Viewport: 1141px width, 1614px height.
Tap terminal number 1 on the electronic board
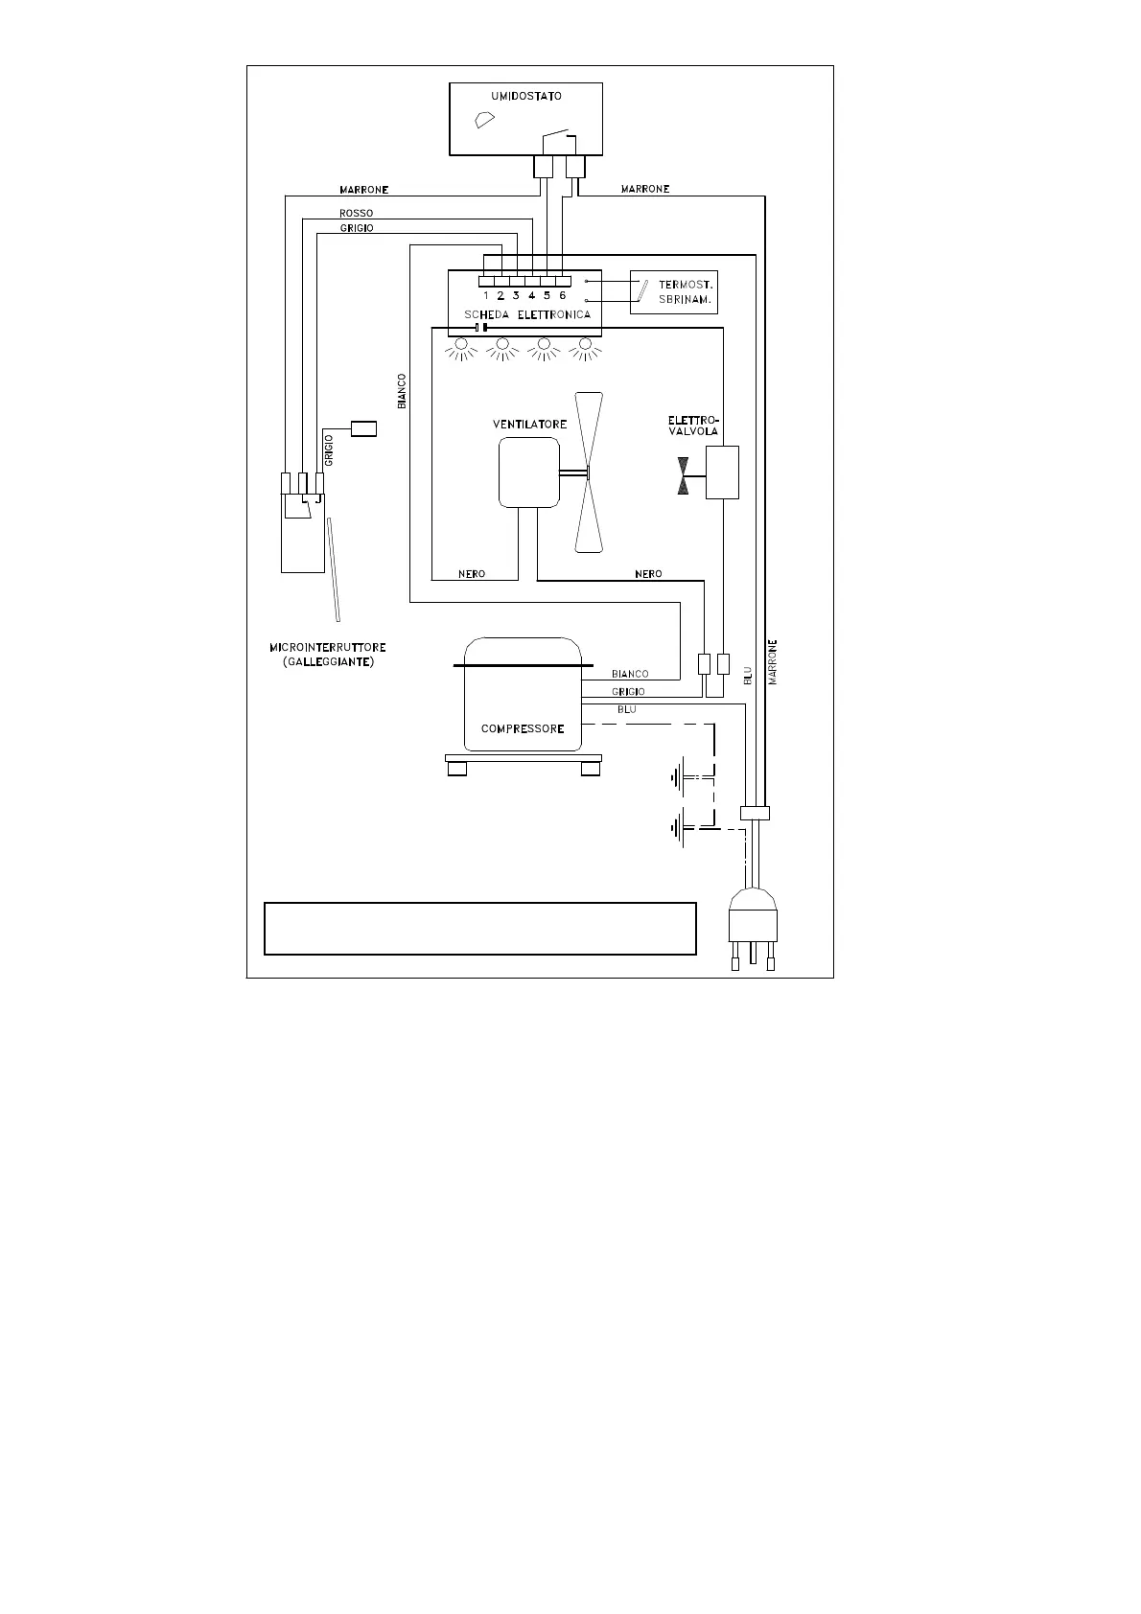click(x=486, y=295)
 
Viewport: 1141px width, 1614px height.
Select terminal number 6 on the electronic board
click(x=563, y=295)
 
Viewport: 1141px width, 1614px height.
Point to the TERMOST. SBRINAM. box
click(x=673, y=292)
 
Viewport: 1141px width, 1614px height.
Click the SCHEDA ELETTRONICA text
click(x=527, y=314)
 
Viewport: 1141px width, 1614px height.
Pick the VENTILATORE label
click(x=529, y=424)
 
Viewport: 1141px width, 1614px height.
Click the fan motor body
click(x=528, y=472)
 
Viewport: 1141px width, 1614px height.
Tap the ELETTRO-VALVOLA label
click(x=693, y=426)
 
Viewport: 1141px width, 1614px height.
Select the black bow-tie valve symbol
click(x=683, y=475)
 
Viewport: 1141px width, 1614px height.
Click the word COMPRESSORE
click(x=523, y=728)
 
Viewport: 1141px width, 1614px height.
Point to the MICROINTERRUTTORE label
click(x=328, y=648)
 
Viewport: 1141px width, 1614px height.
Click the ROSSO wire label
click(x=357, y=213)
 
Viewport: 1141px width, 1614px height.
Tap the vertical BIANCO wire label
click(x=402, y=391)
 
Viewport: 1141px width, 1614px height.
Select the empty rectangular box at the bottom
click(x=479, y=928)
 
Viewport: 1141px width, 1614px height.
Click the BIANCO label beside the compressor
click(x=630, y=674)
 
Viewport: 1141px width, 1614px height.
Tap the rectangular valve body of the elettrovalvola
click(x=722, y=472)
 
